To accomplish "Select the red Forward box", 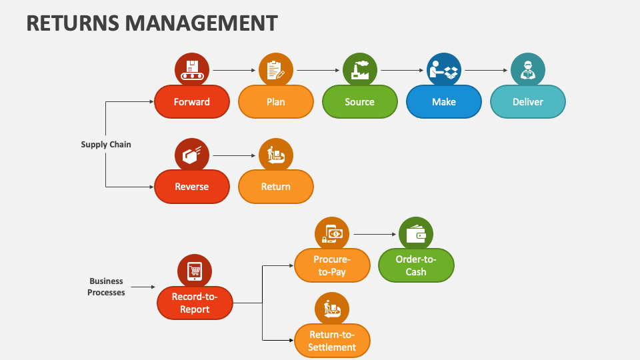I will pyautogui.click(x=192, y=102).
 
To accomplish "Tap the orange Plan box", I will pyautogui.click(x=276, y=102).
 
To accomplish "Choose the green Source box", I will pyautogui.click(x=360, y=102).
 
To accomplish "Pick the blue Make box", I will pyautogui.click(x=444, y=102).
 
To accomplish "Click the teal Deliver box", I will pyautogui.click(x=528, y=102).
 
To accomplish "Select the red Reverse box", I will pyautogui.click(x=192, y=187).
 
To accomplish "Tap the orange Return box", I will pyautogui.click(x=276, y=187).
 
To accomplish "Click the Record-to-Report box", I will pyautogui.click(x=195, y=303).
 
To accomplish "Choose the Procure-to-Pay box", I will pyautogui.click(x=332, y=265).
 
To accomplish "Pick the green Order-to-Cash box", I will pyautogui.click(x=416, y=265).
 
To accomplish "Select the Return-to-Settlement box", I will pyautogui.click(x=332, y=341).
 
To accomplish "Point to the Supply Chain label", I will pyautogui.click(x=106, y=144).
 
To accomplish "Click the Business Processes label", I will pyautogui.click(x=106, y=287).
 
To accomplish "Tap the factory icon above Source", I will pyautogui.click(x=360, y=70).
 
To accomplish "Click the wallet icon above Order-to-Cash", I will pyautogui.click(x=416, y=234).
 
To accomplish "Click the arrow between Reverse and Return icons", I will pyautogui.click(x=234, y=155).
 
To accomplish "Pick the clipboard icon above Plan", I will pyautogui.click(x=276, y=70).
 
